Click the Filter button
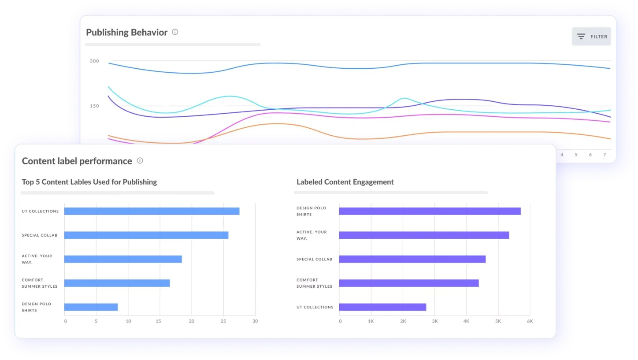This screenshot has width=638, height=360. [591, 37]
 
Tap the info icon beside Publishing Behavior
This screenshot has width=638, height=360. [175, 32]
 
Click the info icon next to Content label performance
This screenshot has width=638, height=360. [140, 161]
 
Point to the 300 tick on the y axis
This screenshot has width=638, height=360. [94, 61]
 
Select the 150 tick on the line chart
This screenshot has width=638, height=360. [94, 106]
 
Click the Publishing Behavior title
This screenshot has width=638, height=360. [126, 32]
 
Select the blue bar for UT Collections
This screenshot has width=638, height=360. [152, 211]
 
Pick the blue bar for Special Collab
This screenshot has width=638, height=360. [146, 235]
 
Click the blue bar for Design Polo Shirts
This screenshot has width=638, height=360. [91, 307]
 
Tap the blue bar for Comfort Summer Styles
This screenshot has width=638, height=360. [117, 283]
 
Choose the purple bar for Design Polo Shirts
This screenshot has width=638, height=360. [430, 211]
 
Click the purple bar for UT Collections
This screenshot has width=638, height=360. [382, 307]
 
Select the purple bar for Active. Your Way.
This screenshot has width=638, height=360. [424, 235]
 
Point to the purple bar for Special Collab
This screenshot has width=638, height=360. [412, 259]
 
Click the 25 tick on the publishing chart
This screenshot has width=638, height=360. [223, 321]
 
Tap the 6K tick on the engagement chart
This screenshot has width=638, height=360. [530, 321]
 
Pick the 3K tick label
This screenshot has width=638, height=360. [434, 321]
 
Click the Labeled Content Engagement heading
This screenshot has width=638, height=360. [345, 182]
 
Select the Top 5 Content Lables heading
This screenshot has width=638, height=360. [89, 182]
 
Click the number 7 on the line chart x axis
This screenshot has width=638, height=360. [605, 155]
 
